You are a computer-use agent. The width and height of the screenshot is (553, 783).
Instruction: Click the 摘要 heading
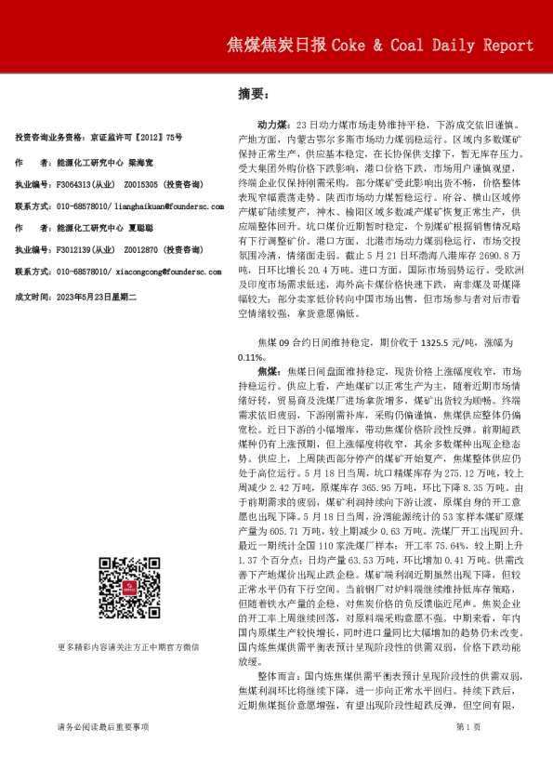253,94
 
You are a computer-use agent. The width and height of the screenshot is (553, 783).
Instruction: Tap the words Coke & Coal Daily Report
432,45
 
